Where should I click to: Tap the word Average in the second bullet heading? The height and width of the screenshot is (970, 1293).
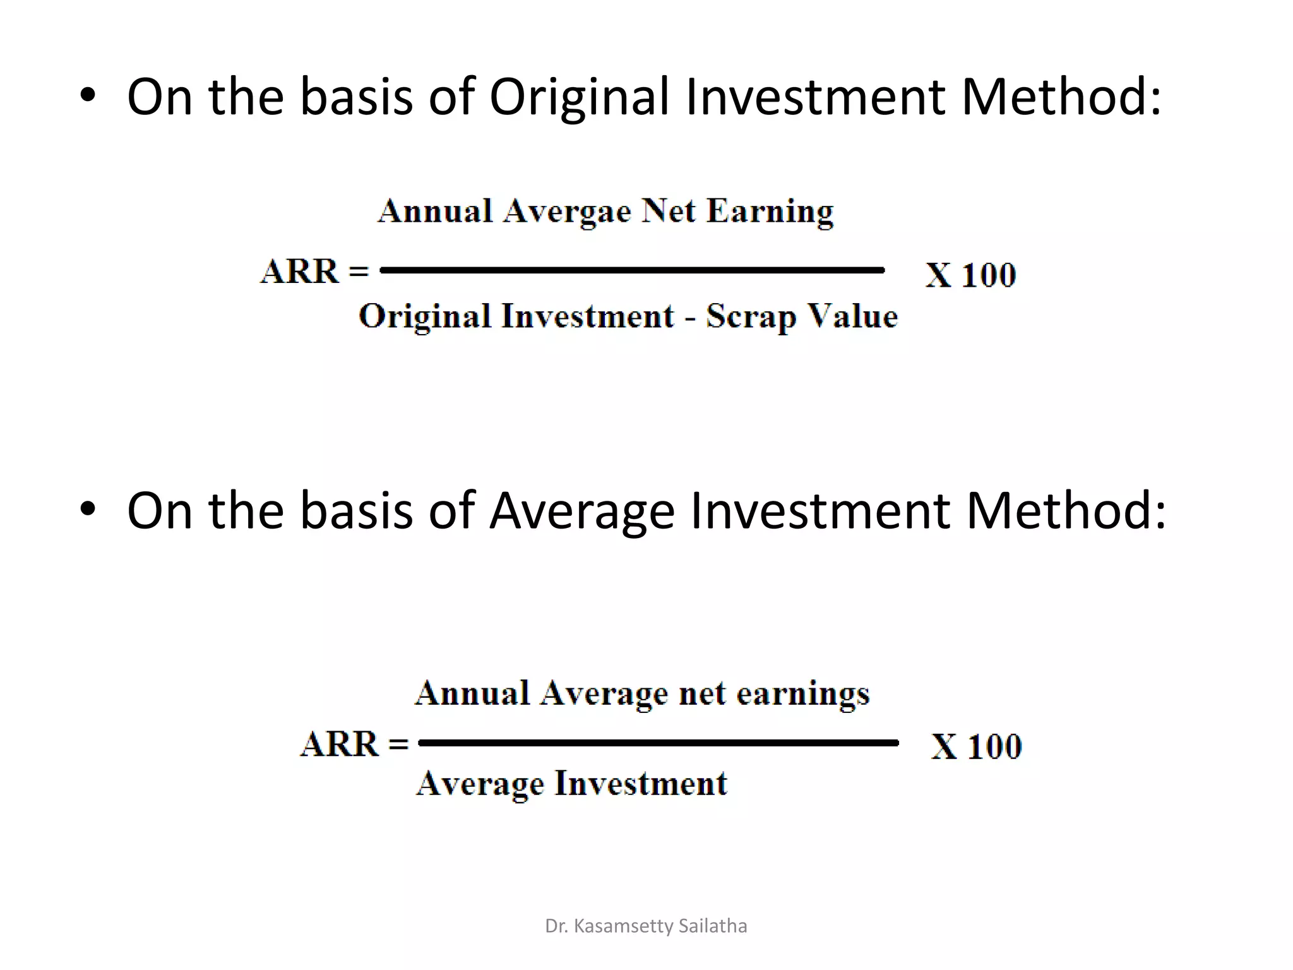(x=581, y=511)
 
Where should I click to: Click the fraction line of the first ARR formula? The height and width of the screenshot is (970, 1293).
(x=631, y=270)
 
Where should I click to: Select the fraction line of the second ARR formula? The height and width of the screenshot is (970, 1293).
(x=658, y=743)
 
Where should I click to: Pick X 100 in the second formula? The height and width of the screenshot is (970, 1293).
(x=976, y=747)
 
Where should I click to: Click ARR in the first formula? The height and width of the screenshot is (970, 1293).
(x=300, y=272)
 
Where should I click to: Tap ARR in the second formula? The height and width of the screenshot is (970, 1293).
(x=340, y=745)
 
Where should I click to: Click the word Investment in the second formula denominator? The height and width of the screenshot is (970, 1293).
(x=641, y=784)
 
